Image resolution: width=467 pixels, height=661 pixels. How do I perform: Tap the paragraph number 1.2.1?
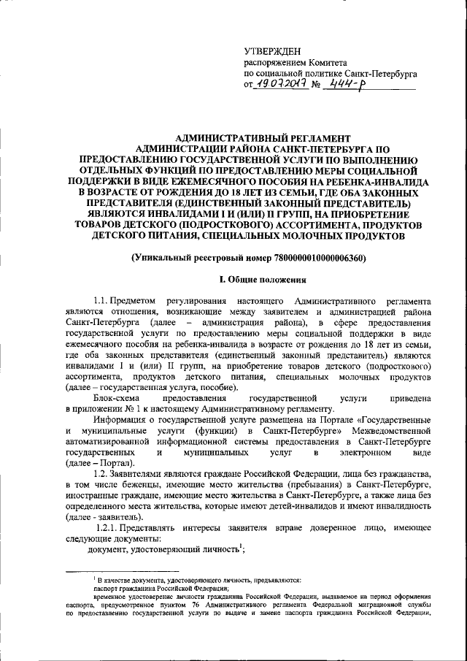[110, 527]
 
